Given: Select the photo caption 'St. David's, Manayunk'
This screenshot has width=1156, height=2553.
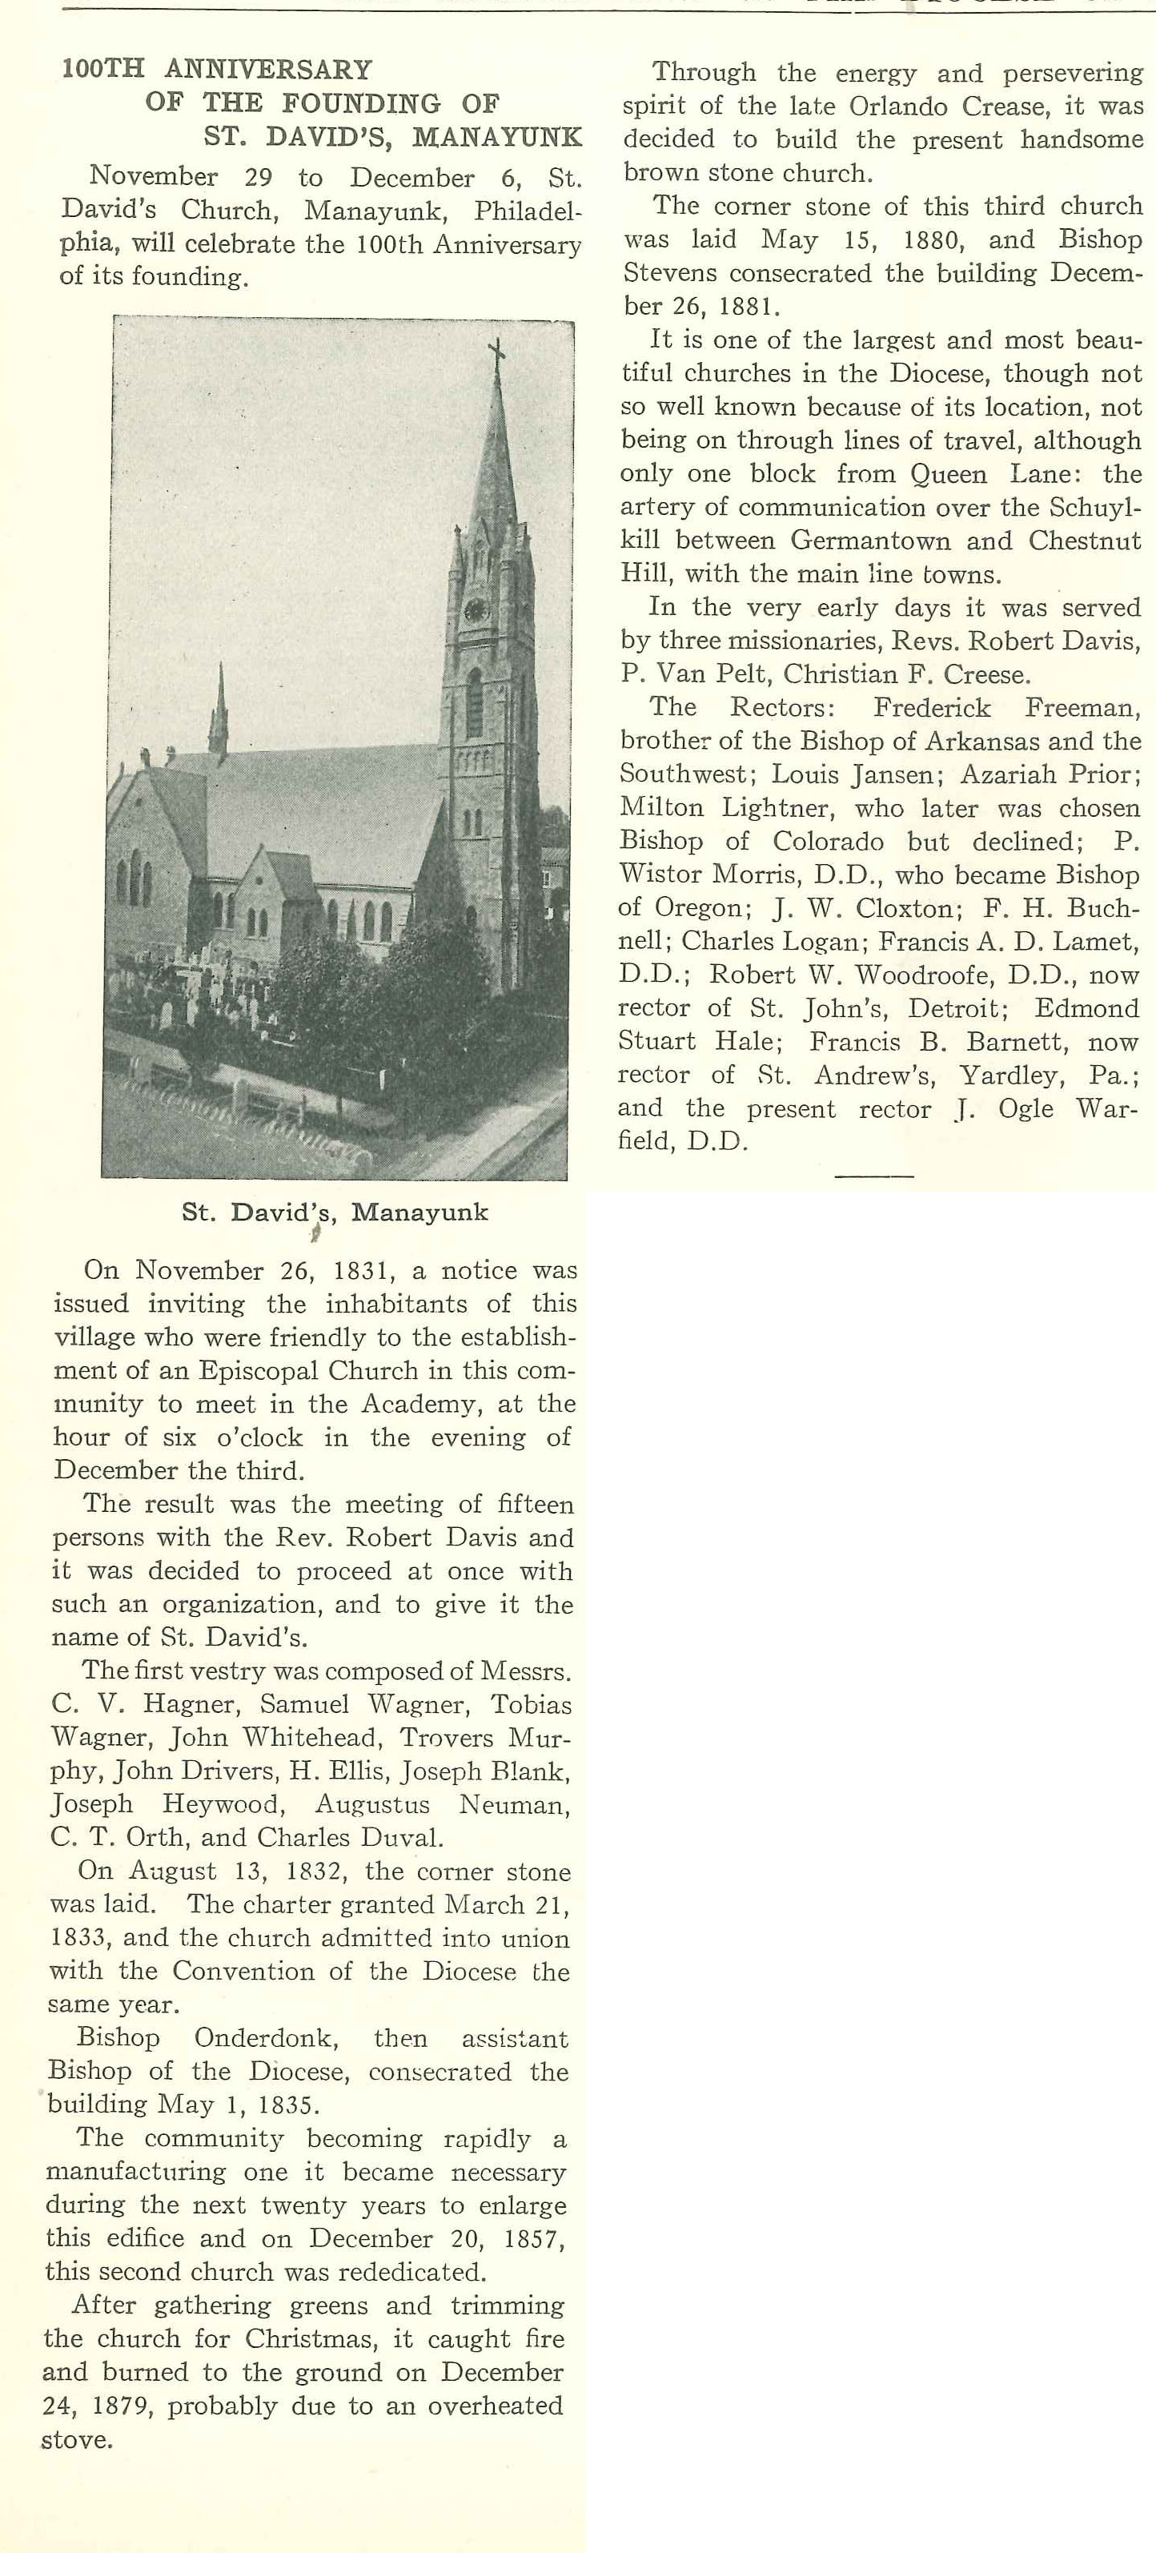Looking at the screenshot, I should [335, 1212].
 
